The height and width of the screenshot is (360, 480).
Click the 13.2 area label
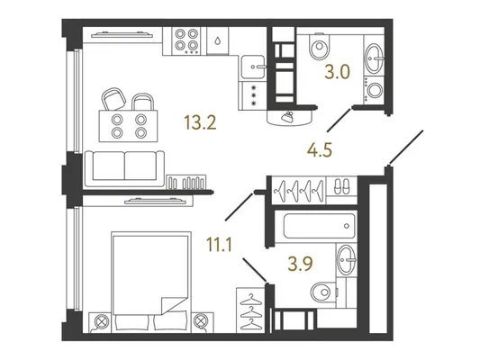200,122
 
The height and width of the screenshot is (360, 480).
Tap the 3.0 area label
337,73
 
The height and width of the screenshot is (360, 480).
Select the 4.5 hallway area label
320,150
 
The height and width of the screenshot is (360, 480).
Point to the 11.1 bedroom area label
219,245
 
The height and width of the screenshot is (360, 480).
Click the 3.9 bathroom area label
300,264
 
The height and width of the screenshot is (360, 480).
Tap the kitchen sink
253,67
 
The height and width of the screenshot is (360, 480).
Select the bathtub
320,226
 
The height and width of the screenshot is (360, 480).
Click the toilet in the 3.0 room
320,46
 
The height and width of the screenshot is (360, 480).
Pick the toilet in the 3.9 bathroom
322,292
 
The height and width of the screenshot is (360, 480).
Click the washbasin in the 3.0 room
374,58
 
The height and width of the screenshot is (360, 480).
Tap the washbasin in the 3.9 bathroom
347,260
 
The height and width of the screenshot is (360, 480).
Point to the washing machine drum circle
375,90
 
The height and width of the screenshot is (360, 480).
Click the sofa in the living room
124,168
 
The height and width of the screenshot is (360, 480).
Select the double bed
151,282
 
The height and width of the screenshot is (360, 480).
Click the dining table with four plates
128,126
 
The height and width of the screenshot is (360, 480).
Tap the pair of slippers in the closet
341,186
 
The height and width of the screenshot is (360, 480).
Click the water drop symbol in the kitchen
217,40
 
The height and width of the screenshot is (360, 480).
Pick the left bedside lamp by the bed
100,322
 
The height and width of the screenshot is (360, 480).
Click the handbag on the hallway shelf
288,117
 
